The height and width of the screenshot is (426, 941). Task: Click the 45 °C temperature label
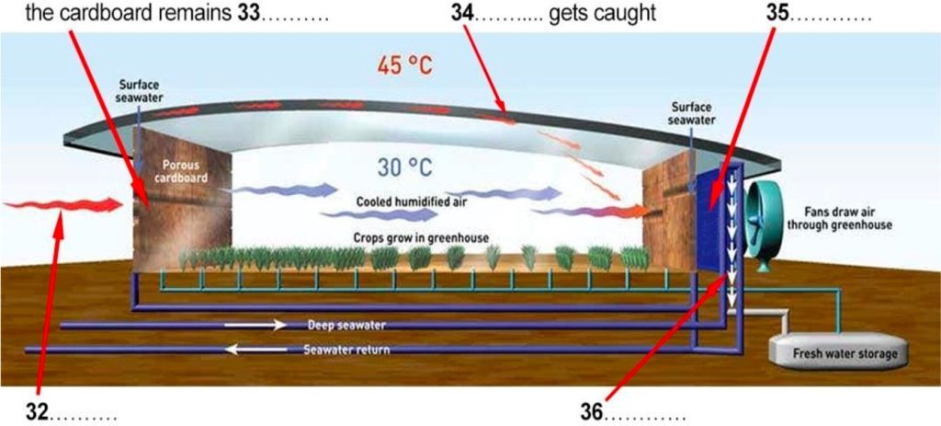[x=404, y=65]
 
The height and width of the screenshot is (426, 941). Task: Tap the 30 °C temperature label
[x=404, y=167]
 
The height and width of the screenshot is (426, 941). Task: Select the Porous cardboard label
[x=184, y=170]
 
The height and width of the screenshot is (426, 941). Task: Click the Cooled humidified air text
[x=412, y=201]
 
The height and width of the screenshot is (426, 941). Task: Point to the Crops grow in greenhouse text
[x=421, y=238]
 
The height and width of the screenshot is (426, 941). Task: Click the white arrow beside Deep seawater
[x=255, y=325]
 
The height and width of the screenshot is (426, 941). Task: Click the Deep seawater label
[x=346, y=325]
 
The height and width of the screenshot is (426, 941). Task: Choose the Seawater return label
[x=346, y=349]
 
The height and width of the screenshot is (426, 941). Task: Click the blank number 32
[x=37, y=412]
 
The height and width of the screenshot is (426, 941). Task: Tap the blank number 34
[x=463, y=13]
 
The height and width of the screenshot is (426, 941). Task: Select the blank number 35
[x=778, y=13]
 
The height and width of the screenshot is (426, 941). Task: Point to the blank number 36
[x=593, y=412]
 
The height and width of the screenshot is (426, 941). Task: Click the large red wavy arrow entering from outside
[x=63, y=205]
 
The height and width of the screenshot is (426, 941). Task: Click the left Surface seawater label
[x=140, y=91]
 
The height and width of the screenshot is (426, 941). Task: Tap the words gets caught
[x=602, y=14]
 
